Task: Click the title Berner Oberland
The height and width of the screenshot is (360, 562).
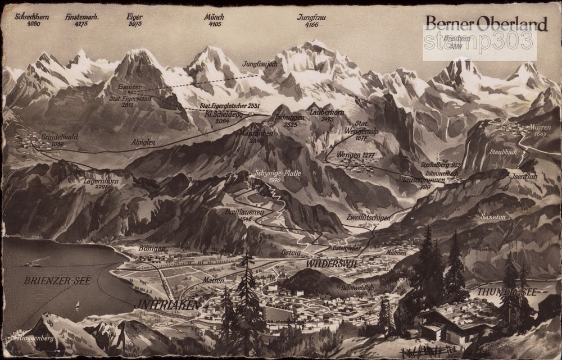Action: coord(486,24)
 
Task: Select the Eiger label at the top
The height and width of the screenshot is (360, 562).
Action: coord(135,17)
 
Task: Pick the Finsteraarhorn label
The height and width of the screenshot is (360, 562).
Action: coord(82,17)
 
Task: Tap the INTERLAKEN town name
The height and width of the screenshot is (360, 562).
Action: coord(167,304)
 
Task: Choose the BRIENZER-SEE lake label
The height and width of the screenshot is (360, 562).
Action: coord(57,280)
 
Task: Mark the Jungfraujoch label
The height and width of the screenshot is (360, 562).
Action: coord(261,65)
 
